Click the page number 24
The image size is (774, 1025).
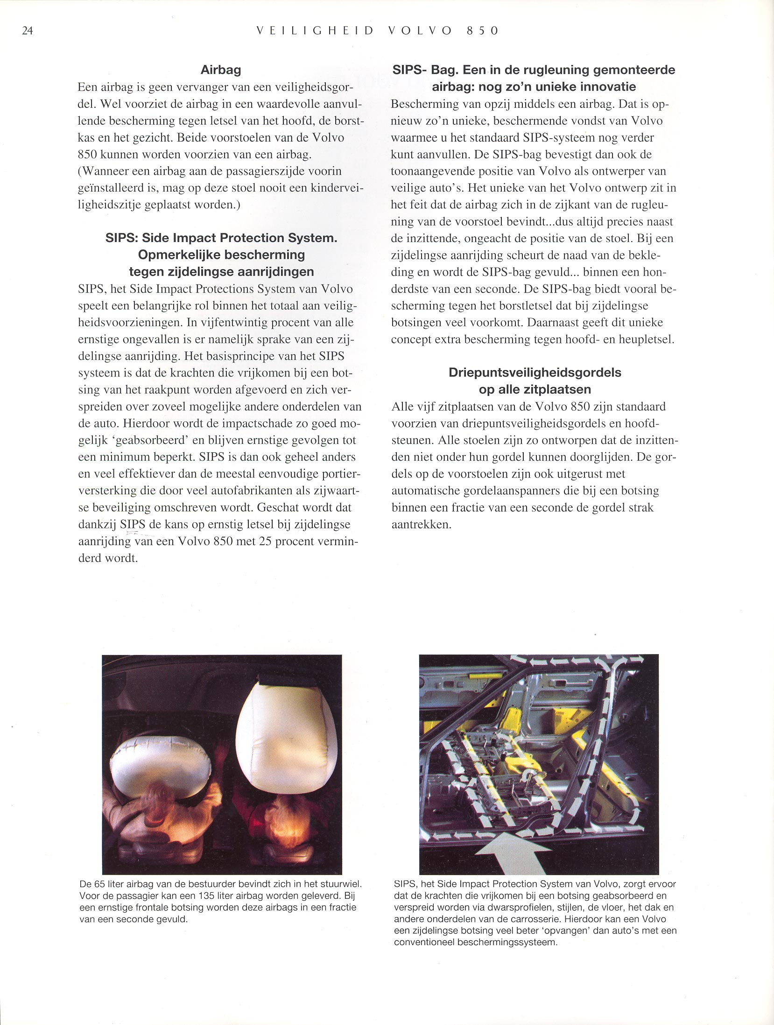click(x=27, y=31)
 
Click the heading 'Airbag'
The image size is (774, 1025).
click(x=220, y=70)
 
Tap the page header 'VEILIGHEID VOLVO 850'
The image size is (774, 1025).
click(x=378, y=31)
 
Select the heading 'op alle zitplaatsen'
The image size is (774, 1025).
click(x=535, y=389)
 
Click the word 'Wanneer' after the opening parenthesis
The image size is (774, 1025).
click(x=103, y=171)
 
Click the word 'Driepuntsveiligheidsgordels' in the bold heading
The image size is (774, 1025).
click(x=535, y=372)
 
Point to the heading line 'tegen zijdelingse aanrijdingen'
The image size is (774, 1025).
click(x=221, y=271)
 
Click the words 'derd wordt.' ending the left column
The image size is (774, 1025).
click(x=108, y=558)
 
